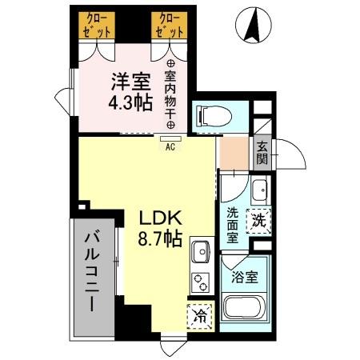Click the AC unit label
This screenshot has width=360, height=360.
(170, 147)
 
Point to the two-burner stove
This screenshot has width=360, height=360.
(199, 282)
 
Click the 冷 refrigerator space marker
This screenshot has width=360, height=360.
(199, 316)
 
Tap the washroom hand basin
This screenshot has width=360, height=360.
(260, 190)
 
